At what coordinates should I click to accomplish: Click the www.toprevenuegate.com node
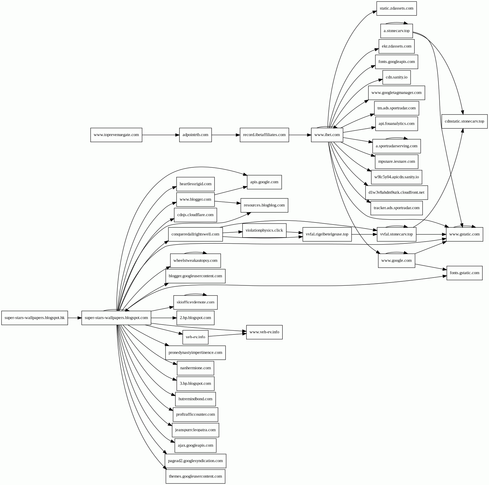pos(116,135)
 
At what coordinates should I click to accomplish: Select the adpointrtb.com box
pos(195,135)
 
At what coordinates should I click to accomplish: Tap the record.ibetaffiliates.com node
pos(264,135)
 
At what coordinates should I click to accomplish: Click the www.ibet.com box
pos(327,135)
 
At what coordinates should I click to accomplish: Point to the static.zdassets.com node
pos(396,8)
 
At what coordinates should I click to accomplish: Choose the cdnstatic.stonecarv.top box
pos(464,121)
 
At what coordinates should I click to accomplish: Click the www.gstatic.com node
pos(464,234)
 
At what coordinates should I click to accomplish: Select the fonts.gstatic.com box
pos(464,273)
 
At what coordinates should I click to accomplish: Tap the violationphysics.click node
pos(264,231)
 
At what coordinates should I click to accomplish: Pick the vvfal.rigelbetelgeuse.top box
pos(327,234)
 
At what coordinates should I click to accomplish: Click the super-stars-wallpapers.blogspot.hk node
pos(35,318)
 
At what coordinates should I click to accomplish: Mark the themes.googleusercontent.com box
pos(195,477)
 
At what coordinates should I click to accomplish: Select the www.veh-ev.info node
pos(264,332)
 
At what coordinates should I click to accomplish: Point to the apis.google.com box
pos(264,182)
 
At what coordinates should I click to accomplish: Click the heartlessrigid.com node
pos(195,184)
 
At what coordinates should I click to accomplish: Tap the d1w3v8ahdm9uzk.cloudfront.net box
pos(396,193)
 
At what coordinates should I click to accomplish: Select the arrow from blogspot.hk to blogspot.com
pos(75,318)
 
